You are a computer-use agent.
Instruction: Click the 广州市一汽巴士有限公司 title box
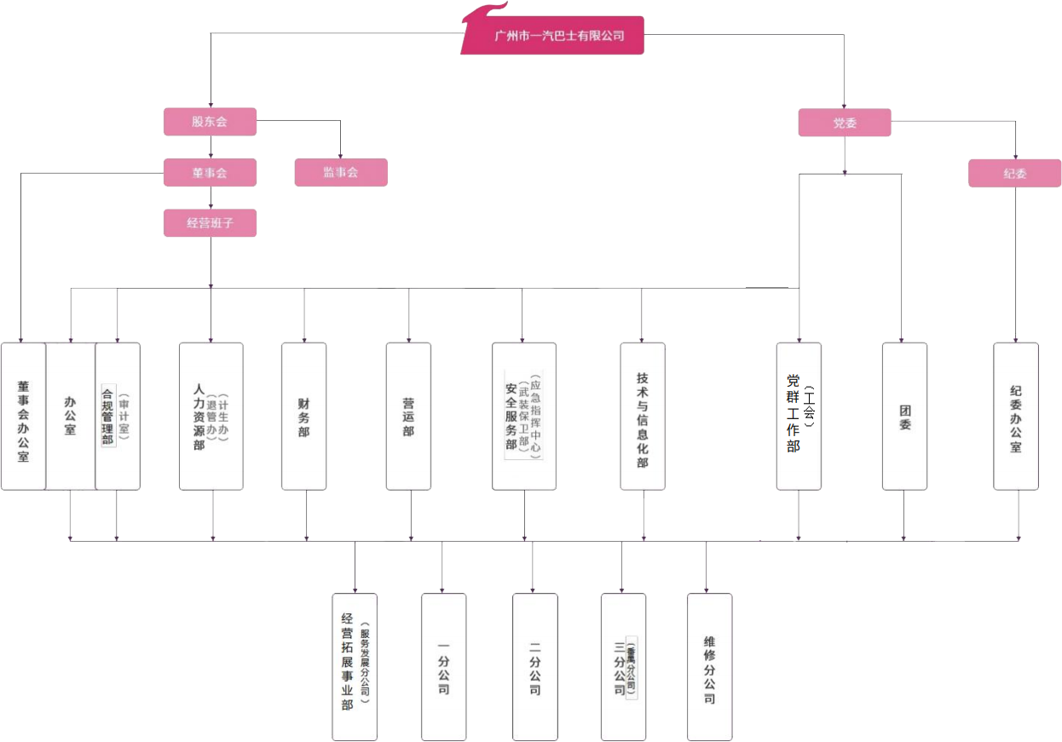click(559, 36)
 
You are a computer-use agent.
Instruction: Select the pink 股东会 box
click(210, 122)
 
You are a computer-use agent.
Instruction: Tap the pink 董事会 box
click(210, 173)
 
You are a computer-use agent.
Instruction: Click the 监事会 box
click(341, 173)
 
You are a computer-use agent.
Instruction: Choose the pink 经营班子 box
click(210, 223)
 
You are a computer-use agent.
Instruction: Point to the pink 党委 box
click(844, 123)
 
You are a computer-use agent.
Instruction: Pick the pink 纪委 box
click(1014, 174)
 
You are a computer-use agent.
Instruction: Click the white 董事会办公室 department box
click(23, 417)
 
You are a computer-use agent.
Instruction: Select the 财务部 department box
click(304, 417)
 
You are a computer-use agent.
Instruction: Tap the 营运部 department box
click(408, 417)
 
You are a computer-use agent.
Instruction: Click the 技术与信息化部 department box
click(643, 417)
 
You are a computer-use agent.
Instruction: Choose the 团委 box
click(904, 417)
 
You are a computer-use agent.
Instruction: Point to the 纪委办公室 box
click(1016, 417)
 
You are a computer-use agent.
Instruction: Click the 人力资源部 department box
click(211, 417)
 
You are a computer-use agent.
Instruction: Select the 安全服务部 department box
click(523, 417)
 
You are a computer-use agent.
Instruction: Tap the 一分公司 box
click(443, 667)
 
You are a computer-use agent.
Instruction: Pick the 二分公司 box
click(534, 667)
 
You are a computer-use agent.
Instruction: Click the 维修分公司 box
click(709, 667)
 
